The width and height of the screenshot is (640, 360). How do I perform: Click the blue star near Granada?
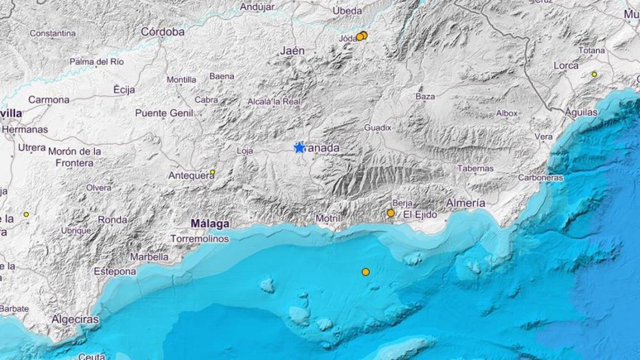pyautogui.click(x=299, y=147)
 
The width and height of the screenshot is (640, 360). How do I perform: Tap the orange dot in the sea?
pyautogui.click(x=366, y=272)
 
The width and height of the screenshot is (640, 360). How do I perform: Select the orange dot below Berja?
pyautogui.click(x=391, y=213)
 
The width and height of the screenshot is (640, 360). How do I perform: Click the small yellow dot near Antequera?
pyautogui.click(x=212, y=172)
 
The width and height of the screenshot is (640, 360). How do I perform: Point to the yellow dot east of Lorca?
pyautogui.click(x=594, y=74)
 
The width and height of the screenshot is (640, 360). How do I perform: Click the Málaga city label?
pyautogui.click(x=210, y=223)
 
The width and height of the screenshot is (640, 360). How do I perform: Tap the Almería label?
pyautogui.click(x=466, y=203)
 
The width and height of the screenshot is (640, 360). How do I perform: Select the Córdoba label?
pyautogui.click(x=162, y=31)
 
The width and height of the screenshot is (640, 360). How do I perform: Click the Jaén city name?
pyautogui.click(x=293, y=51)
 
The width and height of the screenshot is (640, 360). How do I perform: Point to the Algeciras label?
pyautogui.click(x=75, y=319)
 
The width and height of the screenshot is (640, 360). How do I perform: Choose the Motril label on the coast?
pyautogui.click(x=327, y=218)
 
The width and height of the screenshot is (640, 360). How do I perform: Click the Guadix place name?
pyautogui.click(x=377, y=127)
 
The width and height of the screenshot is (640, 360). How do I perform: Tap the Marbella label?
pyautogui.click(x=149, y=257)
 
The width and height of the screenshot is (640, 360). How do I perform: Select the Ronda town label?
pyautogui.click(x=112, y=220)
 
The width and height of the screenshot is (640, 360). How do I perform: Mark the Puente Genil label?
pyautogui.click(x=164, y=113)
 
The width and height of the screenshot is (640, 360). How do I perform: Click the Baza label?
pyautogui.click(x=425, y=96)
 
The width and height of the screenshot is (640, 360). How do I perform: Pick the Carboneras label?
pyautogui.click(x=541, y=177)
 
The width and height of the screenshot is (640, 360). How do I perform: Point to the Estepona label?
pyautogui.click(x=115, y=271)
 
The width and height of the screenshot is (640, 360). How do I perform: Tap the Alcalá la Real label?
pyautogui.click(x=274, y=101)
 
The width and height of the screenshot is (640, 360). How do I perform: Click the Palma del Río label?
pyautogui.click(x=97, y=62)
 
